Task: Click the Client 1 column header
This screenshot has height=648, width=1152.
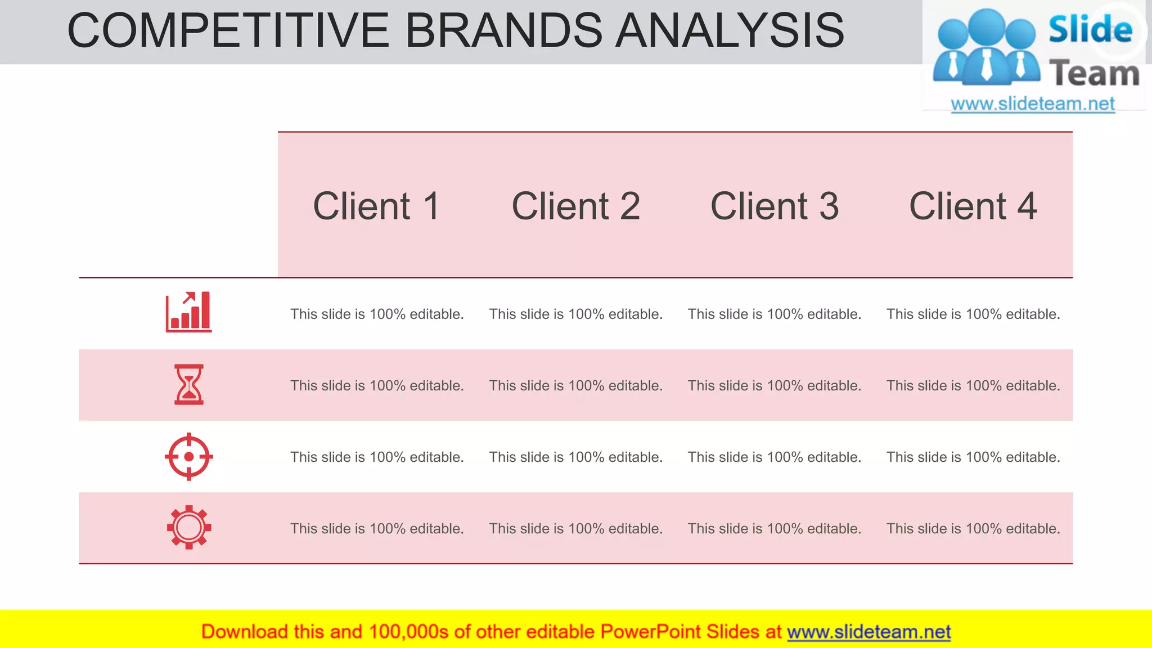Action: [x=376, y=206]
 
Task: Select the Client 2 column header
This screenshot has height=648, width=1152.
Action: [x=575, y=206]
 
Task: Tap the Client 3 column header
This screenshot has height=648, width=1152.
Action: [x=775, y=206]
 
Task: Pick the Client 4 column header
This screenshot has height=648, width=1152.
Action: [x=973, y=206]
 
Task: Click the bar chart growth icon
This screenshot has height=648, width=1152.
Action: [x=188, y=312]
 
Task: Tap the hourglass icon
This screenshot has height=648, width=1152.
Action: [x=189, y=385]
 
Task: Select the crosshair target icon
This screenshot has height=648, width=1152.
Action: [x=189, y=456]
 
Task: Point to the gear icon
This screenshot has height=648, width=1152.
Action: [x=189, y=527]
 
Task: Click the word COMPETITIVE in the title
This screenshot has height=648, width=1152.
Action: [x=228, y=31]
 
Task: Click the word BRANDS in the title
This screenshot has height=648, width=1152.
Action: [x=503, y=31]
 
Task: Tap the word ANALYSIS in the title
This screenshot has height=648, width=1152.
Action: [x=730, y=31]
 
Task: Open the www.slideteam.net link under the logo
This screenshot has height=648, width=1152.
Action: [x=1032, y=104]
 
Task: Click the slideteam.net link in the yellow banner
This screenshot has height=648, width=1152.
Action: [x=868, y=632]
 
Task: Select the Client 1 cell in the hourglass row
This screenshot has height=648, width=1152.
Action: [x=377, y=385]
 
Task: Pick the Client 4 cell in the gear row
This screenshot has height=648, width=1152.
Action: [x=973, y=529]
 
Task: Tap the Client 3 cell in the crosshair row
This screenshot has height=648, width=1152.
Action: [x=775, y=457]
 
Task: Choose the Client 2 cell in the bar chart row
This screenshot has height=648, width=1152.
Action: [x=575, y=314]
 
